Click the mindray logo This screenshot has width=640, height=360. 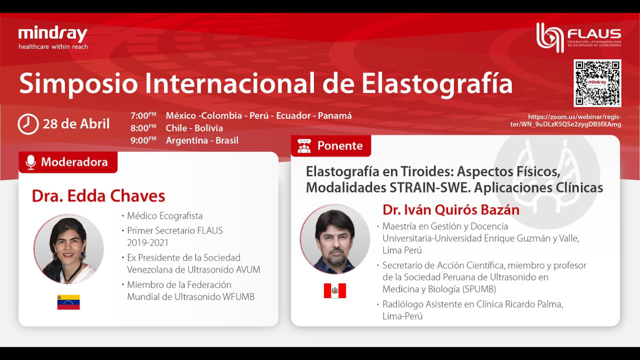[53, 38]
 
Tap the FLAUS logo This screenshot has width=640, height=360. [578, 38]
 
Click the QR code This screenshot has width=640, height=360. [597, 83]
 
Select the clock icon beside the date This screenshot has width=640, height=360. [28, 124]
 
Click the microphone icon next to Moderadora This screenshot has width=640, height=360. [31, 163]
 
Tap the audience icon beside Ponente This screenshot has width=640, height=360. [304, 146]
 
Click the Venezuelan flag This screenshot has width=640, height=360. [68, 302]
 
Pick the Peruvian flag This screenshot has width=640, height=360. [335, 291]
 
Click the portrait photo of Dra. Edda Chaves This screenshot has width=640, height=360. [68, 249]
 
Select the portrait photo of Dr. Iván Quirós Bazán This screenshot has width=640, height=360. [335, 239]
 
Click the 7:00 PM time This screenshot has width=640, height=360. [143, 116]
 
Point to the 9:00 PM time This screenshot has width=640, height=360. [143, 140]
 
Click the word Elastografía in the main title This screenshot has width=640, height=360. [438, 83]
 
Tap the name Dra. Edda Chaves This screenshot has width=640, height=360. [98, 196]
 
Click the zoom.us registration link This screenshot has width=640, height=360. [566, 120]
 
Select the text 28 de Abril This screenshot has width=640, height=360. [76, 124]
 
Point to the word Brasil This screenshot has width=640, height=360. [227, 140]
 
